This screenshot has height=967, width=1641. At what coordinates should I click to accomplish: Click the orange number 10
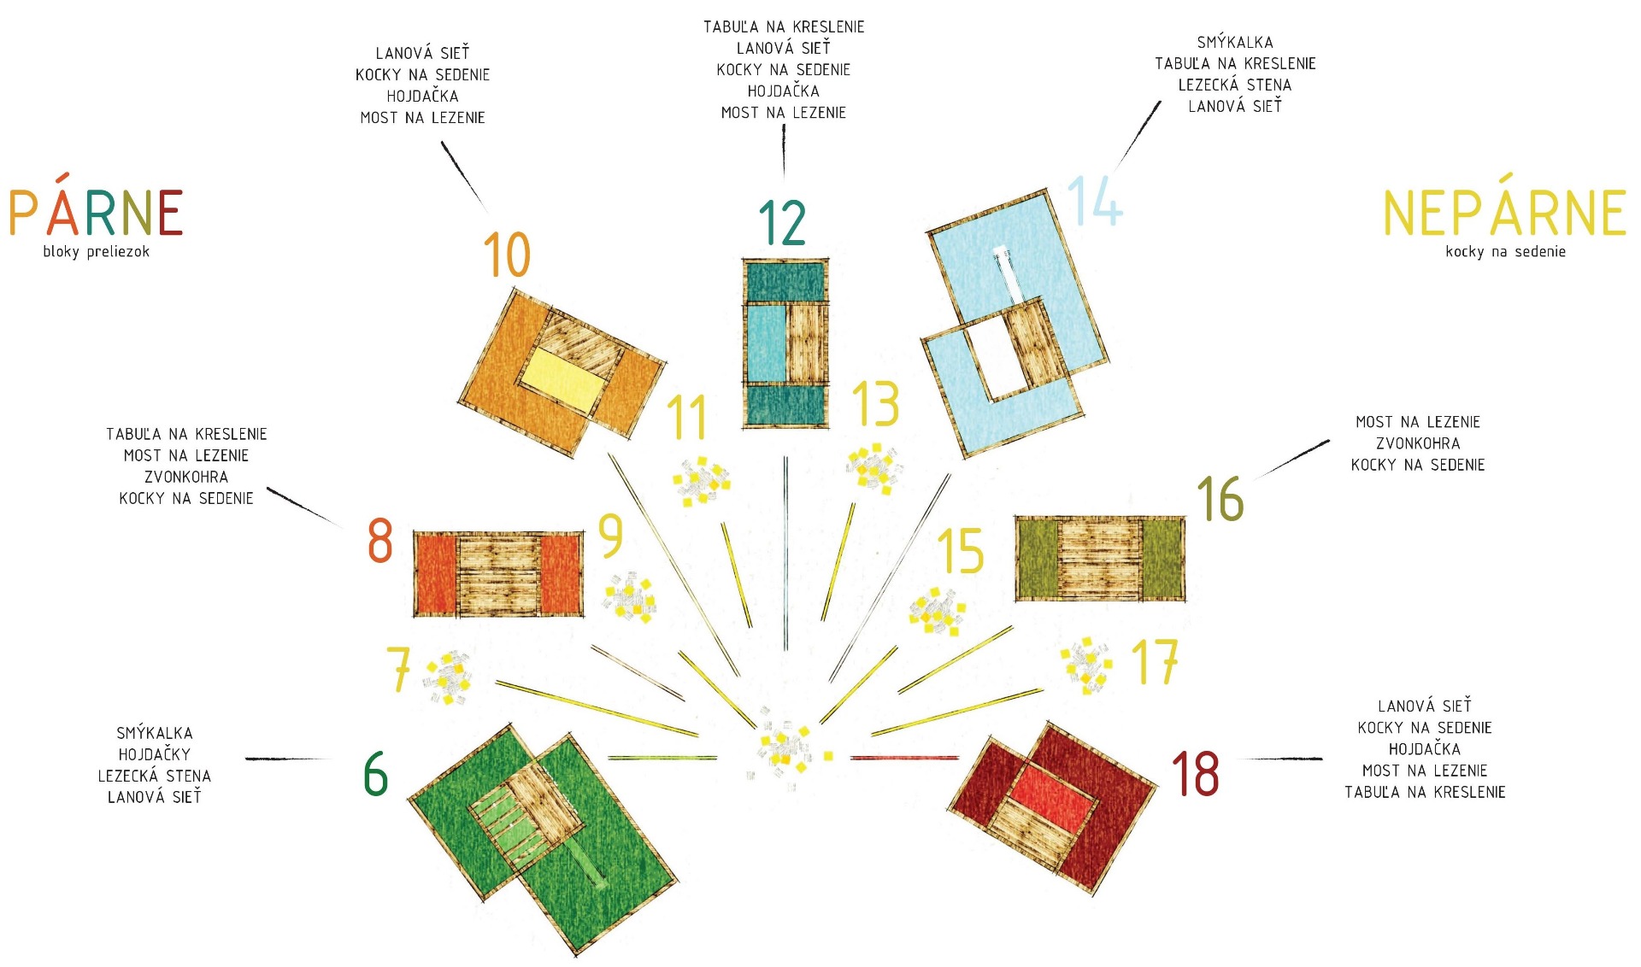click(x=507, y=254)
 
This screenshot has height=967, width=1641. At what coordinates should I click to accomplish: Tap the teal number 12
click(x=782, y=222)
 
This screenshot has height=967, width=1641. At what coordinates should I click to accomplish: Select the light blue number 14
click(x=1095, y=201)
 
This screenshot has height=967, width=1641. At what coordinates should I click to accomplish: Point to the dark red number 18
click(x=1196, y=774)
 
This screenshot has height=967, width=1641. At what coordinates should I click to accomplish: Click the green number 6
click(x=376, y=774)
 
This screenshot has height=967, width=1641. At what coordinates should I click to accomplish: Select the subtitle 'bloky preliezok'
click(x=97, y=251)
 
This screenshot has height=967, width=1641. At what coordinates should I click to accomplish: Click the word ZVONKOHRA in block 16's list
click(x=1418, y=443)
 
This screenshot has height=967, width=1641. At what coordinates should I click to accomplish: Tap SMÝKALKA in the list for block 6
click(x=155, y=733)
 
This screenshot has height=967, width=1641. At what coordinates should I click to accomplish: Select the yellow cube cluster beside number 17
click(x=1086, y=663)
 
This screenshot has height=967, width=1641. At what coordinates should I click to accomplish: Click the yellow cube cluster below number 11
click(x=701, y=480)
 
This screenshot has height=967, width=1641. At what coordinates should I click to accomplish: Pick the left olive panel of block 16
click(x=1038, y=559)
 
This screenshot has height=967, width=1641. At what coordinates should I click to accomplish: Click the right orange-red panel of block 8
click(x=561, y=574)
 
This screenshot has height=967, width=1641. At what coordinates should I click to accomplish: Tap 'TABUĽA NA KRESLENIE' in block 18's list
click(x=1425, y=792)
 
